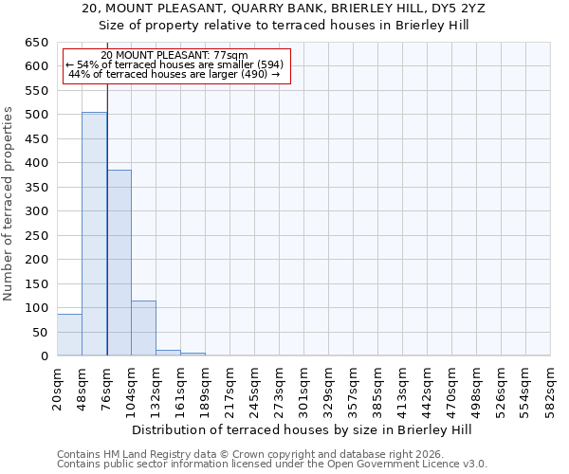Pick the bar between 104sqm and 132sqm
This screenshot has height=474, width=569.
(143, 328)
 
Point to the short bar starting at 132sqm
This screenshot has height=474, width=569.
(168, 353)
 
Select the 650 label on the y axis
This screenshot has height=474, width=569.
(37, 43)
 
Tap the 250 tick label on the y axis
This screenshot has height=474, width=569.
(37, 236)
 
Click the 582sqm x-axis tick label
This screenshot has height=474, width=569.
(551, 389)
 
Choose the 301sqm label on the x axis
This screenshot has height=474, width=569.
(304, 389)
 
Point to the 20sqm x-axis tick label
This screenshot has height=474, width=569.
(58, 389)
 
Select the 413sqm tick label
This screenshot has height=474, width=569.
(403, 389)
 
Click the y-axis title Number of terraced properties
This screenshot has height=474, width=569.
(9, 203)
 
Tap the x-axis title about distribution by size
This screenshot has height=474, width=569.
(303, 429)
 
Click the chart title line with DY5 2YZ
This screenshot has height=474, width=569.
(303, 9)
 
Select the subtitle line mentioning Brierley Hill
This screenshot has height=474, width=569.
(303, 25)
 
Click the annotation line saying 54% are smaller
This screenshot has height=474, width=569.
(174, 64)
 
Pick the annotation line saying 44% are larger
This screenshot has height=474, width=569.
(174, 74)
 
